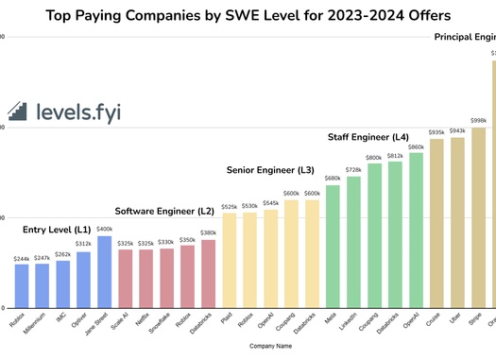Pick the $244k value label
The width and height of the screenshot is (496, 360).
(x=22, y=258)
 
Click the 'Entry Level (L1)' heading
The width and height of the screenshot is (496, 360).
(x=57, y=230)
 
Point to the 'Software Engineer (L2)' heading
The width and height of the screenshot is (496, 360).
(x=165, y=211)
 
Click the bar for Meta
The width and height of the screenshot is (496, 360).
(x=333, y=246)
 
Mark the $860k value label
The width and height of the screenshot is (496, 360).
(x=416, y=146)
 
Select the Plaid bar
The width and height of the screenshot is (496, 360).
(x=229, y=260)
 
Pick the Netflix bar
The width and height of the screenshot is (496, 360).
(x=145, y=279)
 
